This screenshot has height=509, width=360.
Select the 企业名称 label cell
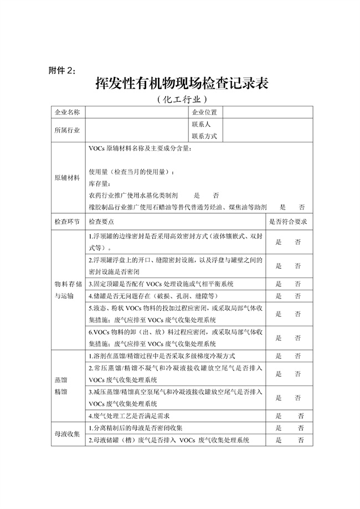tap(67, 112)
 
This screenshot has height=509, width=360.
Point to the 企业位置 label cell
tap(204, 112)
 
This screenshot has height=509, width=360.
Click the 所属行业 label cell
tap(67, 130)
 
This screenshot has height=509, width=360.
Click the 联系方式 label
tap(204, 136)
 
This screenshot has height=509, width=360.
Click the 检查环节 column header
tap(67, 221)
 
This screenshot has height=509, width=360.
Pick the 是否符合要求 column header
tap(287, 221)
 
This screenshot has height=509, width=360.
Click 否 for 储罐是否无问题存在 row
tap(298, 296)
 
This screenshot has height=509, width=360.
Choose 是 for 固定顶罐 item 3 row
tap(278, 284)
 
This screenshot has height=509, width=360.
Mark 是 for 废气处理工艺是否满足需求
tap(278, 415)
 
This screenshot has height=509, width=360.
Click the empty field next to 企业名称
tap(136, 112)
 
